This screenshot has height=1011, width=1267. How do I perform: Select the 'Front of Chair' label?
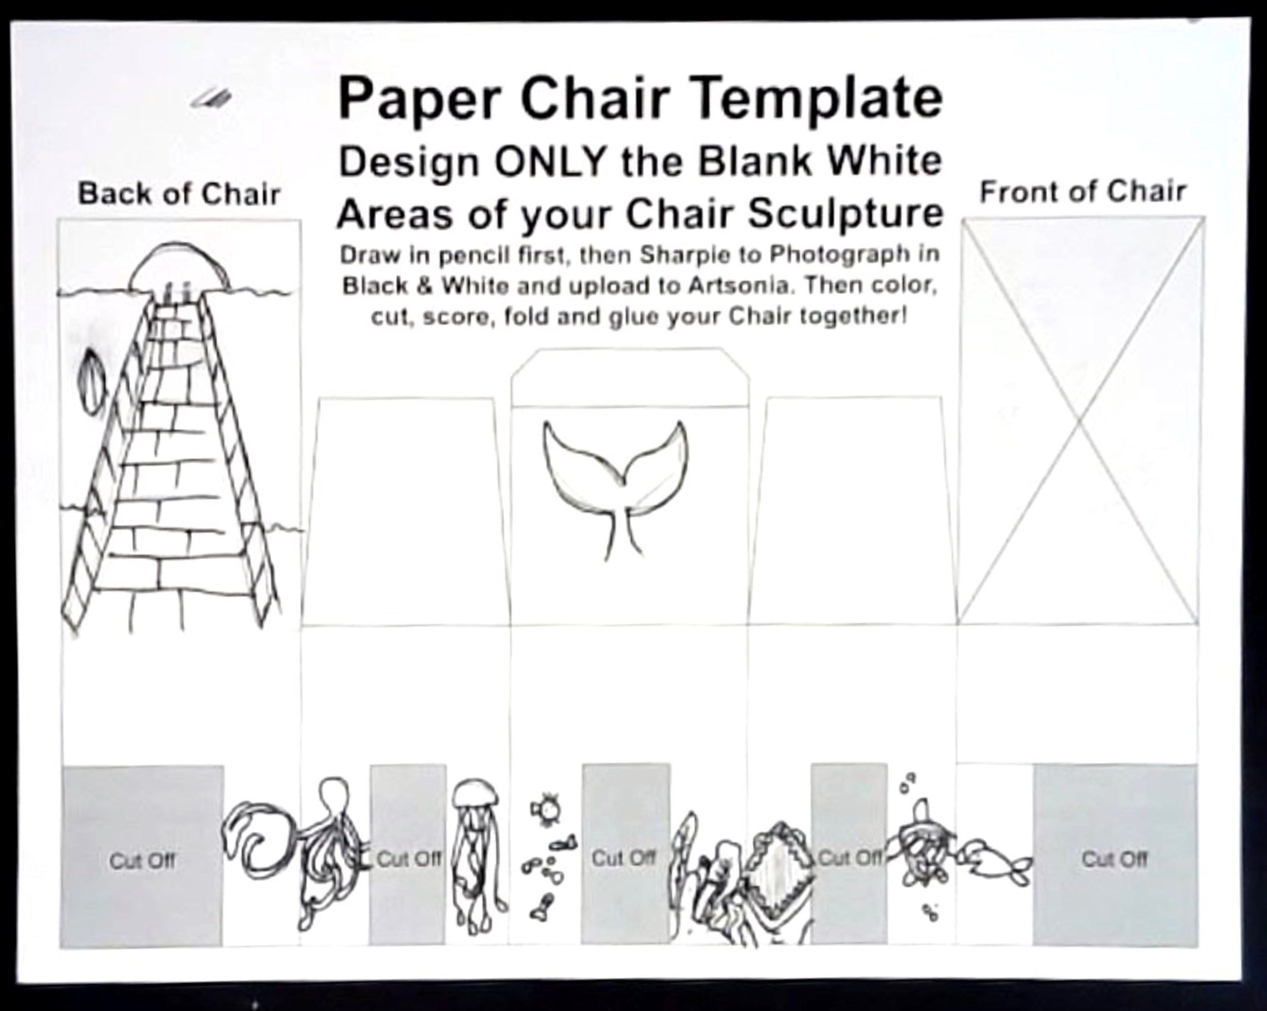(1083, 192)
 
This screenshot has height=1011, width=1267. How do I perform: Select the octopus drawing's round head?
(332, 796)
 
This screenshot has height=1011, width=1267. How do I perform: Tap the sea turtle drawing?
(920, 848)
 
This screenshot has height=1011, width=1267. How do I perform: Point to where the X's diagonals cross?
(1079, 421)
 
